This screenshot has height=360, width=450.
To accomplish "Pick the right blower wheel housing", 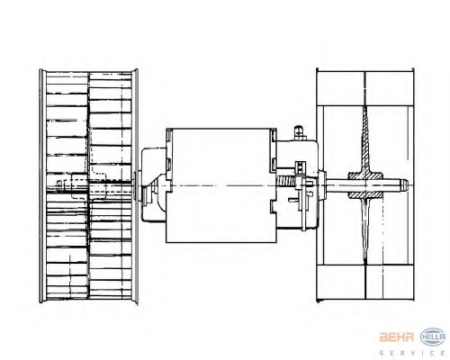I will (x=365, y=184).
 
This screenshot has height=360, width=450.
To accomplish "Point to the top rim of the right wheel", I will (x=365, y=72).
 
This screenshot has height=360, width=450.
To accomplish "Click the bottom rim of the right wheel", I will (x=365, y=298).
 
